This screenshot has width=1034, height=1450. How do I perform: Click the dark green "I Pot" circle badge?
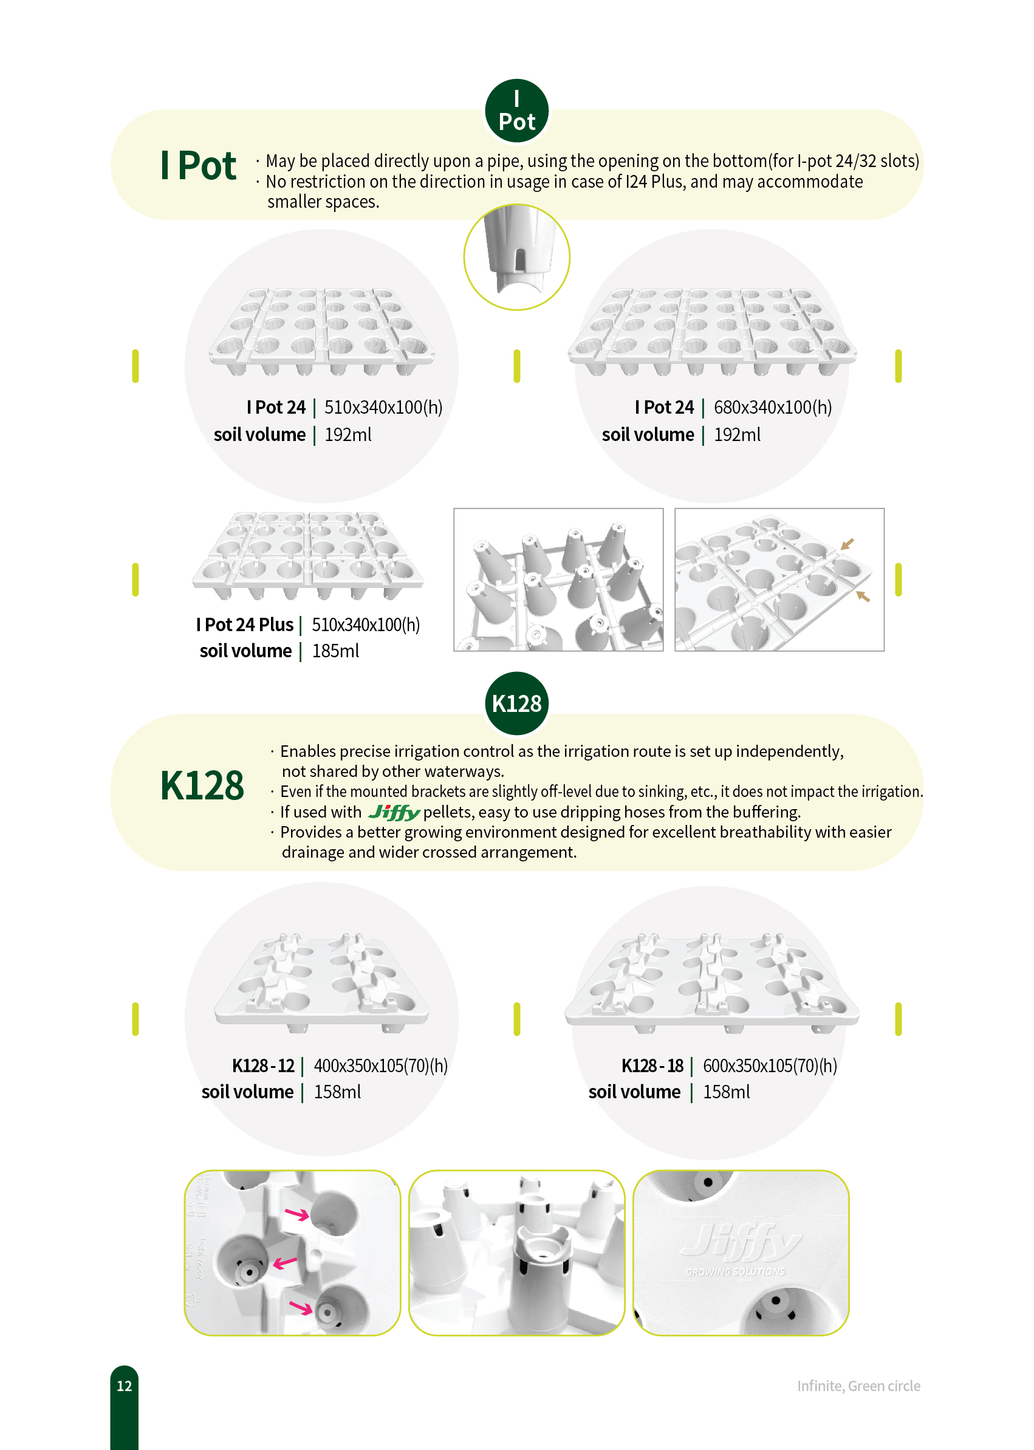tap(516, 111)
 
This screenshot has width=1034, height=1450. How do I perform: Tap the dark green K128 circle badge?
tap(516, 703)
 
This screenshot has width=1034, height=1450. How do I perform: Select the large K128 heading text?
tap(202, 785)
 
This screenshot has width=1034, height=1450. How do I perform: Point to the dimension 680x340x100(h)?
tap(772, 408)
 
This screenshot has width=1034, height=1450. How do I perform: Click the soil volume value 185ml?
tap(335, 651)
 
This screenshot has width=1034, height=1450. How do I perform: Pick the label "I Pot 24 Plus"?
tap(245, 624)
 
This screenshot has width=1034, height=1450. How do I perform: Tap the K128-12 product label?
tap(263, 1065)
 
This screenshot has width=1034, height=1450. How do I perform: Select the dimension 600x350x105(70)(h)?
tap(770, 1065)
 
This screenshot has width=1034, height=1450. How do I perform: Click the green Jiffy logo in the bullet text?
tap(394, 813)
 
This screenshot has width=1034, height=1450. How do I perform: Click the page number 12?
tap(124, 1386)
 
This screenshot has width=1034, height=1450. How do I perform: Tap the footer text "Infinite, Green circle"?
tap(858, 1386)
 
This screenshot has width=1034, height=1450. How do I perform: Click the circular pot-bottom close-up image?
tap(516, 257)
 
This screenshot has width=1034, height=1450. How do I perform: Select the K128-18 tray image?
tap(711, 983)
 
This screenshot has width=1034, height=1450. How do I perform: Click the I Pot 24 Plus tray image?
tap(308, 556)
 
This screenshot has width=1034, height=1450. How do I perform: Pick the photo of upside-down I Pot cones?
tap(558, 580)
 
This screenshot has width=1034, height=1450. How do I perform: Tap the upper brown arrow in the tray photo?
tap(847, 544)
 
